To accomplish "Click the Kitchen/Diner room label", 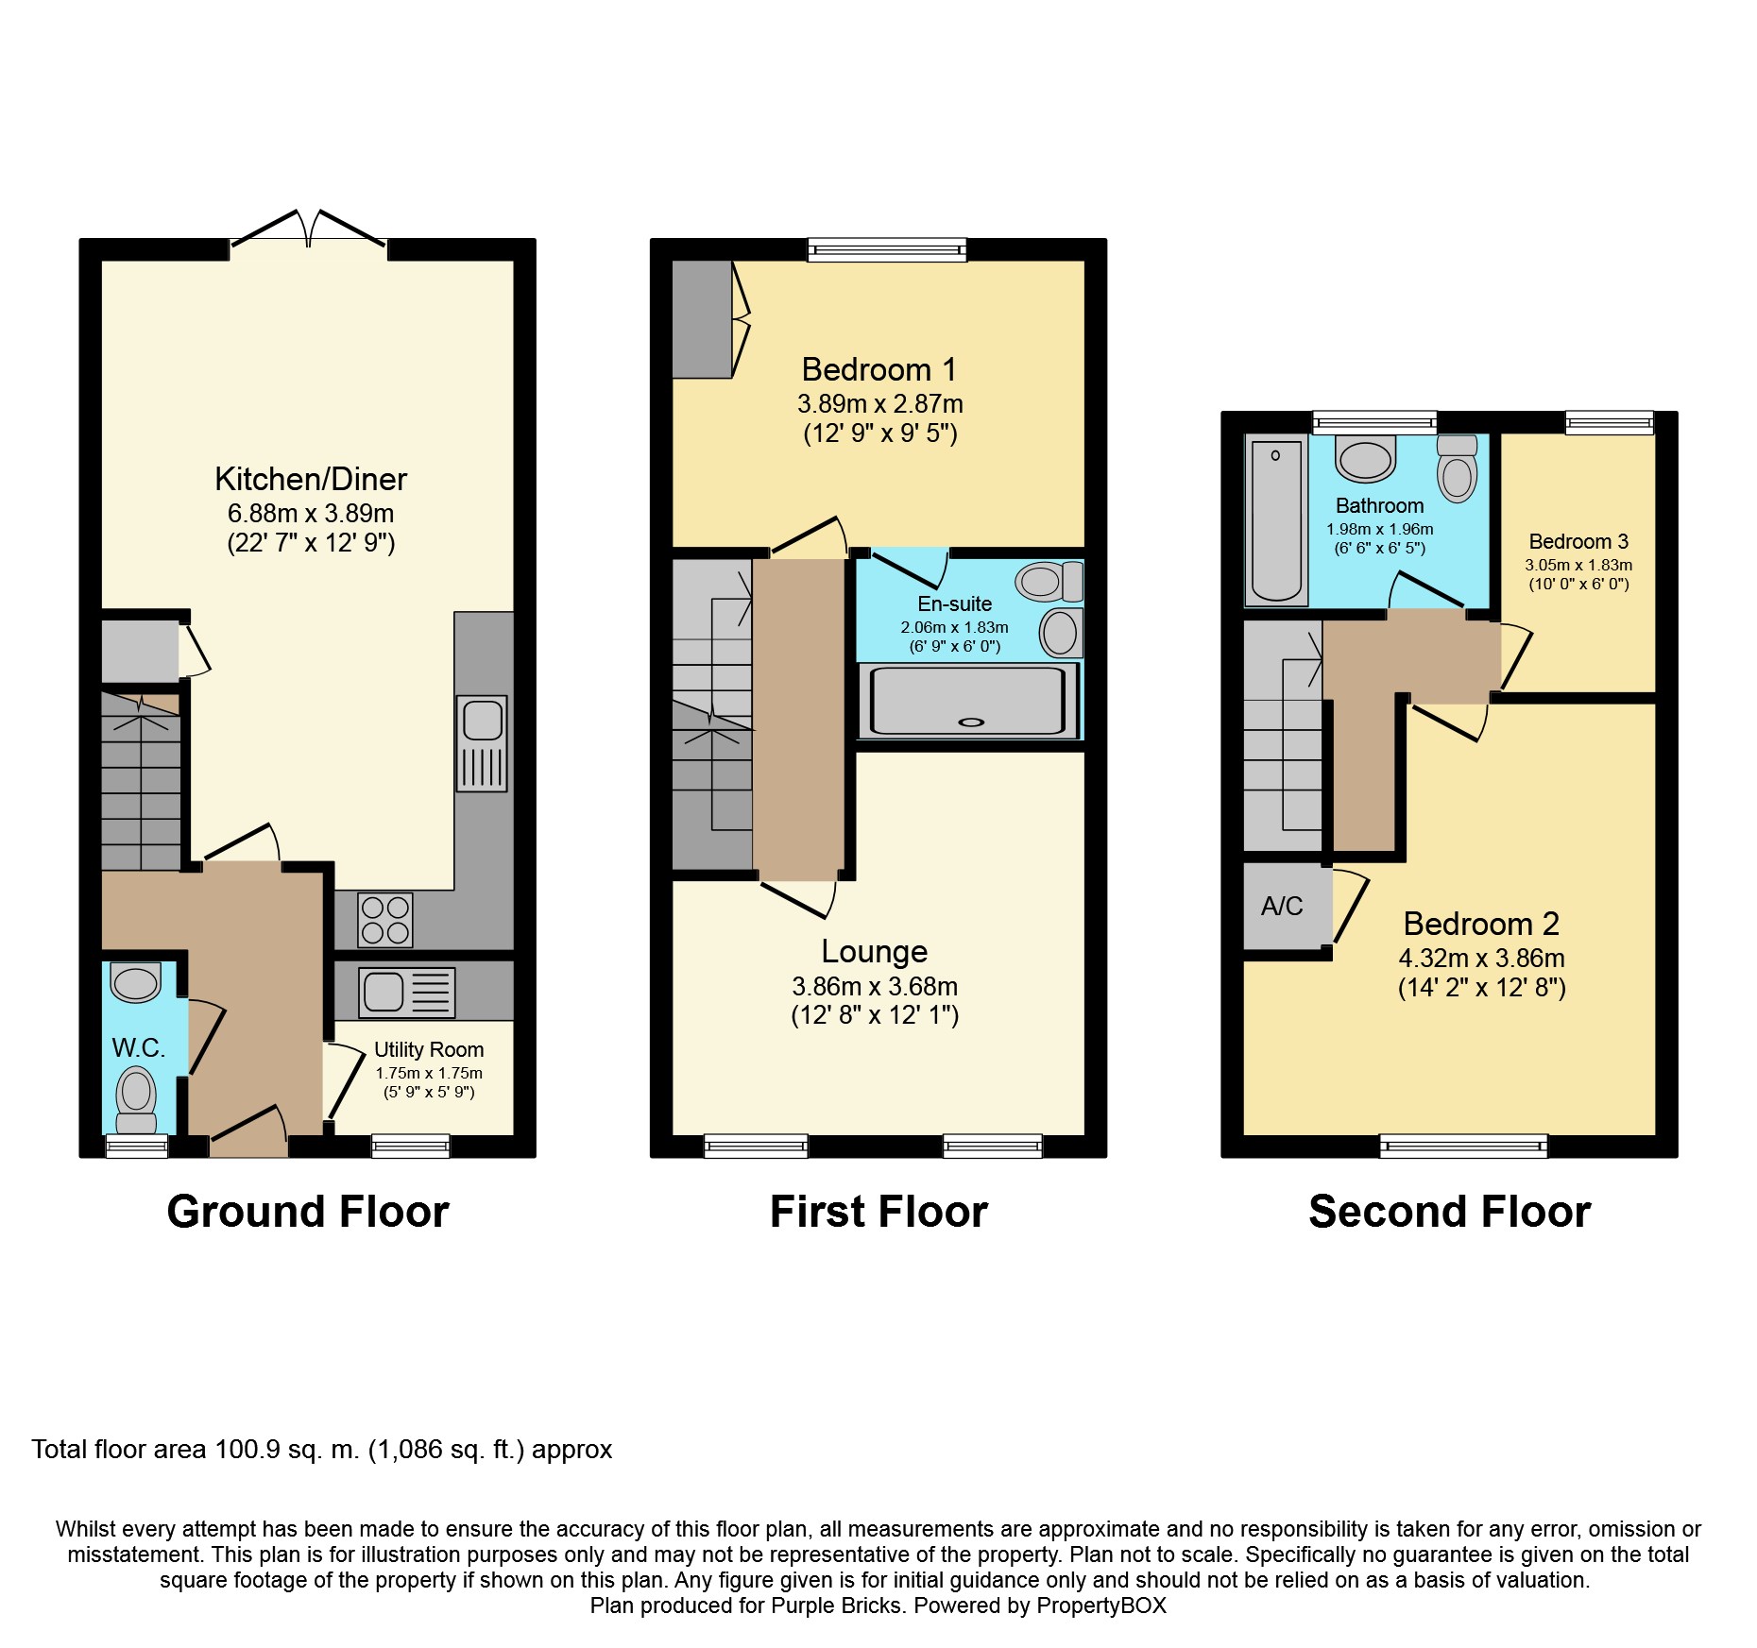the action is (x=311, y=480).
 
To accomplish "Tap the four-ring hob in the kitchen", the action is (x=385, y=920).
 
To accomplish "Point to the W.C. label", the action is (x=138, y=1047).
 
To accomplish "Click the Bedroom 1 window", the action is (x=887, y=249).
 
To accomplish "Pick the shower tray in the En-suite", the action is (x=968, y=701).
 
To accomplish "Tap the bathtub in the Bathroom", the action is (x=1276, y=520).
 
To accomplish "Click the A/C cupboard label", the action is (x=1282, y=907).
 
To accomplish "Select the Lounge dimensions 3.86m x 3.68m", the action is (x=875, y=987).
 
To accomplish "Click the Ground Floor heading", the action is (x=308, y=1212).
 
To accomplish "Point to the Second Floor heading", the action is (x=1450, y=1212).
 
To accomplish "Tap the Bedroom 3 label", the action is (x=1578, y=542).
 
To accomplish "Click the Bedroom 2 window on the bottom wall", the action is (x=1464, y=1147).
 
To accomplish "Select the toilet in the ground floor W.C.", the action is (x=137, y=1099).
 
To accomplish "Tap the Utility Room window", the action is (x=411, y=1147).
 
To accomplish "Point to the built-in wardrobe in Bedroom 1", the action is (x=702, y=319).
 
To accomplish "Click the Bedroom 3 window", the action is (x=1610, y=422).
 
